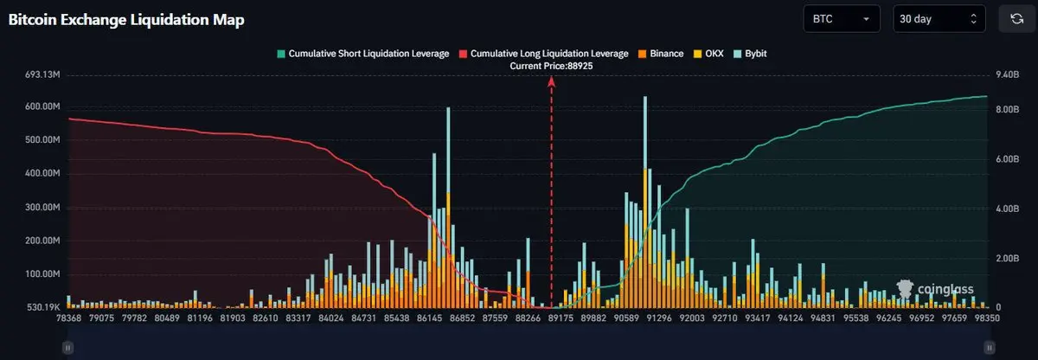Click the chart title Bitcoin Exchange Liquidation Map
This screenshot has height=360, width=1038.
click(x=126, y=19)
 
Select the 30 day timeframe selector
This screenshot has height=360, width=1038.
click(x=938, y=18)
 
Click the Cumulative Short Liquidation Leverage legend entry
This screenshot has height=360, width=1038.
click(x=362, y=54)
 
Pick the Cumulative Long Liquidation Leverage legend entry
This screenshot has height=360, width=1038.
click(x=543, y=54)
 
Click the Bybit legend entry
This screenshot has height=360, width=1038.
click(x=749, y=54)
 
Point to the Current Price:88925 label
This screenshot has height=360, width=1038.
click(x=552, y=67)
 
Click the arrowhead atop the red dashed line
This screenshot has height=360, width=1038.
click(x=551, y=80)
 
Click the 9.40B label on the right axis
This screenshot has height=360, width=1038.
click(x=1009, y=75)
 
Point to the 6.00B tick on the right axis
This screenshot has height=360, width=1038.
click(x=1009, y=160)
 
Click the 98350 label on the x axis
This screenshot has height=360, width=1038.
click(x=986, y=318)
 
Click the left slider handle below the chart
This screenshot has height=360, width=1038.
click(x=67, y=346)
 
